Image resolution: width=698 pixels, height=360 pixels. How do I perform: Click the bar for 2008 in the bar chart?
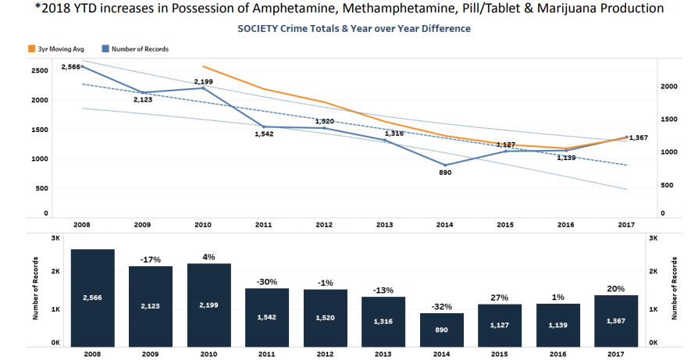click(x=93, y=297)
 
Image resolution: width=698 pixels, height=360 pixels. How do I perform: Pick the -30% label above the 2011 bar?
click(x=268, y=282)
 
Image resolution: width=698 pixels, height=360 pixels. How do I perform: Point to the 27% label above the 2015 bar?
click(x=500, y=298)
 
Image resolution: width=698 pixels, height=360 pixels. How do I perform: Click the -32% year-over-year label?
click(x=442, y=307)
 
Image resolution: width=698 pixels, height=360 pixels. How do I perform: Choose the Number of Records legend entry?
click(x=138, y=48)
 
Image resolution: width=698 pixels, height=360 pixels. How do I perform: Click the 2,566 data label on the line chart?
click(x=71, y=66)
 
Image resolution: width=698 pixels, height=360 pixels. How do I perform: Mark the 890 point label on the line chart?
click(x=445, y=173)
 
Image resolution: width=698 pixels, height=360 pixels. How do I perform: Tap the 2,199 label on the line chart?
click(x=203, y=81)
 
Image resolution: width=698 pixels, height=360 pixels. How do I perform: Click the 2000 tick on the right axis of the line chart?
click(x=668, y=87)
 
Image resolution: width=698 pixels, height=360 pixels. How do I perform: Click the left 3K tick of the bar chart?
click(x=55, y=237)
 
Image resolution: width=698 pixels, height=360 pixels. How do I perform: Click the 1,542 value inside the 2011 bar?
click(x=268, y=319)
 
